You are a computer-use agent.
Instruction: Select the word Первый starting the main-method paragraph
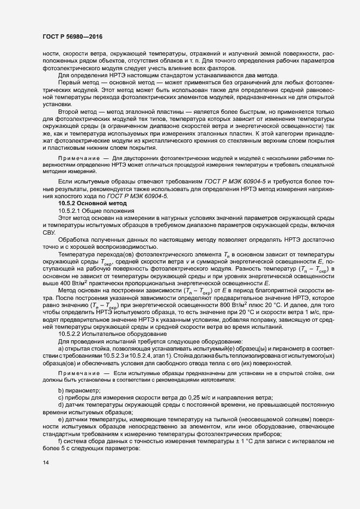point(69,83)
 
